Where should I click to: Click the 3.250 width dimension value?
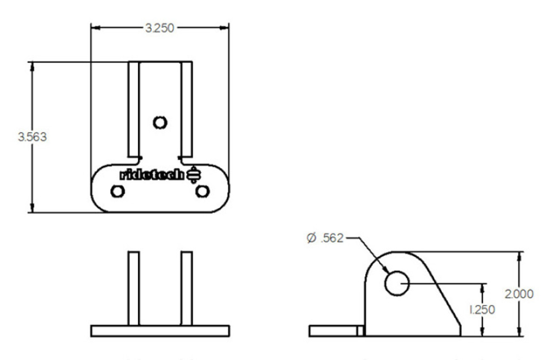coord(160,28)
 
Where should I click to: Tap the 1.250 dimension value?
coord(481,309)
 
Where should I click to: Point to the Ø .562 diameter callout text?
coord(325,237)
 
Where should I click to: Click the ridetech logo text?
coord(153,175)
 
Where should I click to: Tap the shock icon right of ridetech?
coord(193,175)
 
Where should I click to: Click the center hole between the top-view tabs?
coord(160,123)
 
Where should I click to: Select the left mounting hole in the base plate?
coord(117,191)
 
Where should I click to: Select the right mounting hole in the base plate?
coord(202,191)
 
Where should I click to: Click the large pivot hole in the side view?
coord(396,283)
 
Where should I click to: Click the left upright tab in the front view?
coord(134,288)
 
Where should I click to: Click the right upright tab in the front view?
coord(186,288)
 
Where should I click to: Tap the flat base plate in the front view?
coord(160,331)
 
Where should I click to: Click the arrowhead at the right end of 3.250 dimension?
coord(224,28)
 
